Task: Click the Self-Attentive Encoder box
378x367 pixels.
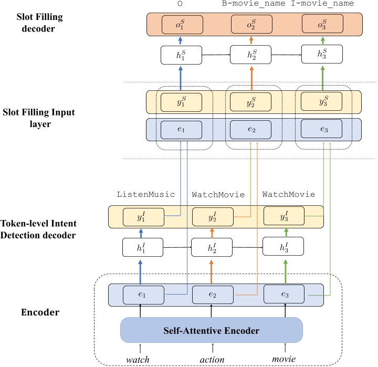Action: click(212, 331)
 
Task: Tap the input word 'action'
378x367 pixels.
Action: click(212, 360)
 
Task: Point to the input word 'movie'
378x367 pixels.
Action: click(284, 360)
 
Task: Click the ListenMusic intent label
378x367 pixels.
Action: click(145, 194)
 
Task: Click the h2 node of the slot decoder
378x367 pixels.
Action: click(252, 54)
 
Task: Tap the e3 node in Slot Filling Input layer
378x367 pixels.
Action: click(321, 129)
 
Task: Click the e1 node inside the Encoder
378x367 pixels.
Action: click(140, 295)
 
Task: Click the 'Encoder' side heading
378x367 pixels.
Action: click(40, 312)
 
